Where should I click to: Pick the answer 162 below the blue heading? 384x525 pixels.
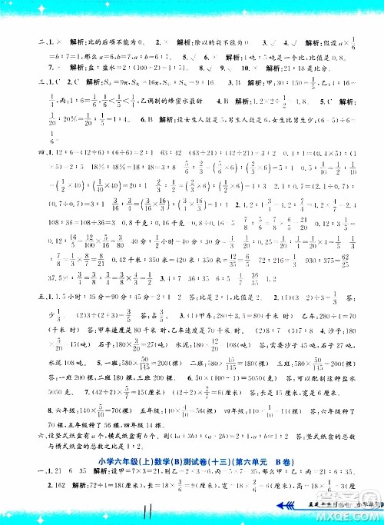pos(35,488)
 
